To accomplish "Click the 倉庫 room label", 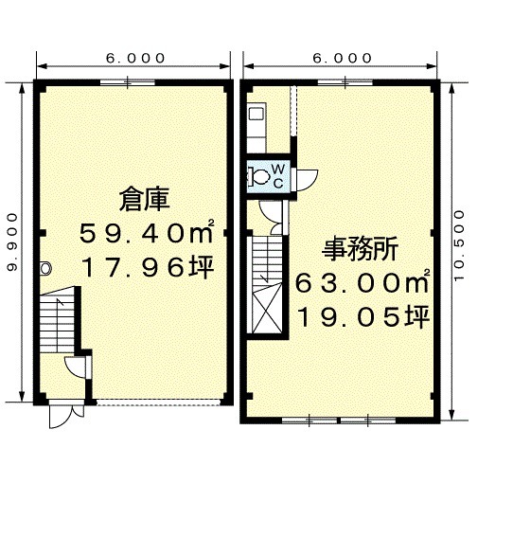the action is coord(145,200).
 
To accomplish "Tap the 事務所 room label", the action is coord(360,249).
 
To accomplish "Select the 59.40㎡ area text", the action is coord(147,233).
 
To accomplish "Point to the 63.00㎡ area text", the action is coord(363,282).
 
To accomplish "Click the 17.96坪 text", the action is coord(148,267).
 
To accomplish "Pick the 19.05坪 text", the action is coord(363,316).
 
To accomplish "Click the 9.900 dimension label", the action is coord(12,242).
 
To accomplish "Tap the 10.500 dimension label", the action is coord(459,245).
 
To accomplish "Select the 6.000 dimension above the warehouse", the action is coord(135,58).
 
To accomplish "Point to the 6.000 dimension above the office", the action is coord(342,58).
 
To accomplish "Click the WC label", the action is coord(278,175).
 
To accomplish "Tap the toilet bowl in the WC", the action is coord(259,176).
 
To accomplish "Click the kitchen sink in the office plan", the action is coord(256,115).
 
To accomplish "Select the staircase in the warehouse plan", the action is coord(58,321).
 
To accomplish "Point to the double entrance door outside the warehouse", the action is coord(66,416).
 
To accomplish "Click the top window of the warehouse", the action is coord(128,83).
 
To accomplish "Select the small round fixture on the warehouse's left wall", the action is coord(45,268).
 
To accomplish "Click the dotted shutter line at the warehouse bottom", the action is coord(159,402).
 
